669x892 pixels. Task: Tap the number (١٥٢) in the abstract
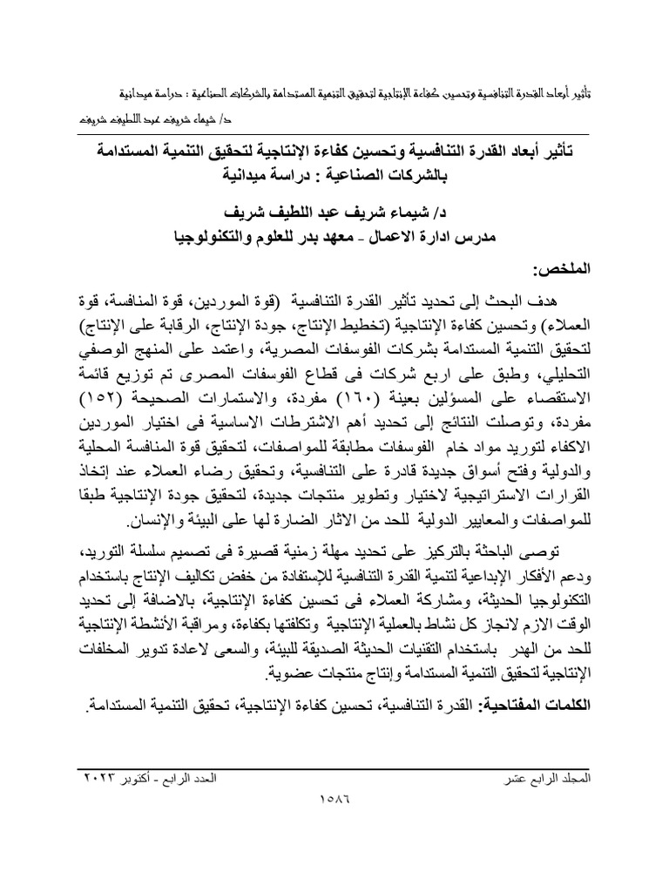(x=104, y=402)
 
